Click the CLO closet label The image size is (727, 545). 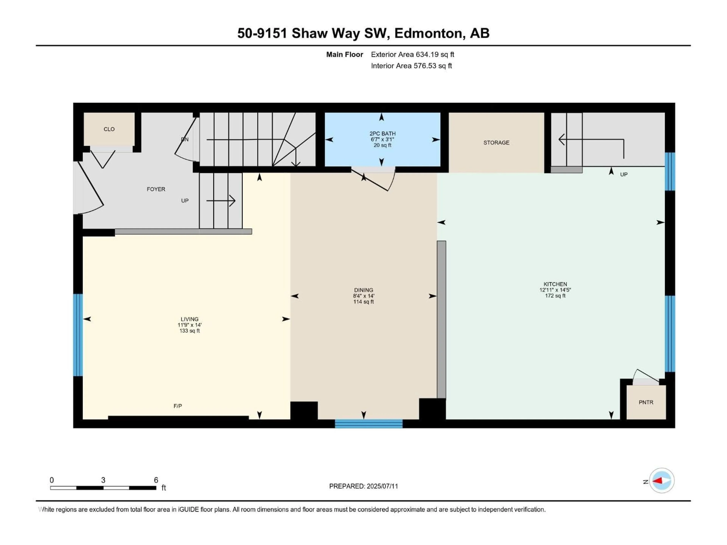tap(109, 129)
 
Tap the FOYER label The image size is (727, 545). tap(156, 189)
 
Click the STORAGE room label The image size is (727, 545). tap(496, 142)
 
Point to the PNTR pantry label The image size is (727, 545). tap(646, 402)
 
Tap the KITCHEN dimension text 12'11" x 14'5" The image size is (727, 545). tap(555, 290)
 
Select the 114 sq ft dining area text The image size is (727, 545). tap(363, 302)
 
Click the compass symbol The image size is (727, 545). tap(662, 481)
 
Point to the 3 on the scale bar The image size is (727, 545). tap(103, 480)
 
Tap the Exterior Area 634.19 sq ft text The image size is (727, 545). tap(413, 54)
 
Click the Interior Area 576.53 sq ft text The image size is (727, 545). tap(411, 66)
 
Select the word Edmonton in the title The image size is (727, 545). tap(430, 33)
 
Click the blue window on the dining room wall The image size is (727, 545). tap(369, 424)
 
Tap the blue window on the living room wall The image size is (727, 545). tap(78, 335)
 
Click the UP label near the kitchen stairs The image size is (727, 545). tap(624, 174)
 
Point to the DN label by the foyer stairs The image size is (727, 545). tap(185, 139)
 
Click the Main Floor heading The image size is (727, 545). tap(344, 54)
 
